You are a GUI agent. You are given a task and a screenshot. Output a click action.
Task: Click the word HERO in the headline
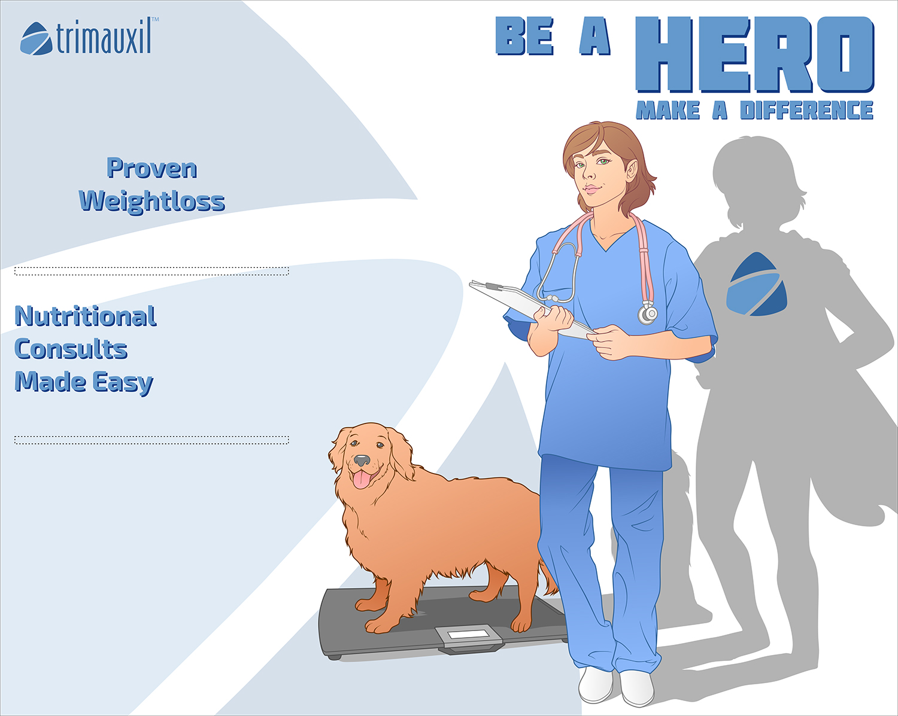(754, 54)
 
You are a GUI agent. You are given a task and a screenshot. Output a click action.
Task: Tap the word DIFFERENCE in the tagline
(806, 111)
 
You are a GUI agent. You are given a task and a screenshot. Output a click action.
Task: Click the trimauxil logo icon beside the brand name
(37, 38)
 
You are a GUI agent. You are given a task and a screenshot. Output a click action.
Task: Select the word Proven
(152, 169)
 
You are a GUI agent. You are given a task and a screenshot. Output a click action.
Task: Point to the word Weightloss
(152, 201)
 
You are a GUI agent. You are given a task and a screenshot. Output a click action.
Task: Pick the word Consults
(71, 349)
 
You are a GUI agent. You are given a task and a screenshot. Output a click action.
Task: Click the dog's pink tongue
(362, 479)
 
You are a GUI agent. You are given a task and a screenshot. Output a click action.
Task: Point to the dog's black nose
(362, 461)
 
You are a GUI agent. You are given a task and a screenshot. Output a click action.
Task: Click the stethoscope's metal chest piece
(647, 313)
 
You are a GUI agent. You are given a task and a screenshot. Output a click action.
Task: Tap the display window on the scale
(468, 635)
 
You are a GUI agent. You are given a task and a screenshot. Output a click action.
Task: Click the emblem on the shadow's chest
(757, 284)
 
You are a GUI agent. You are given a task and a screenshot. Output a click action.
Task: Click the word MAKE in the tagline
(668, 111)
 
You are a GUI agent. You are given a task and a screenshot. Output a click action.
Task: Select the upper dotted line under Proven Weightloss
(151, 271)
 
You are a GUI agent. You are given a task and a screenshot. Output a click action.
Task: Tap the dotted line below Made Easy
(151, 440)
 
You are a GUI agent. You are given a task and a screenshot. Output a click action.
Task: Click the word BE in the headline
(525, 37)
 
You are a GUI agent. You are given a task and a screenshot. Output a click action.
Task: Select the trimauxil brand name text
(104, 38)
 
